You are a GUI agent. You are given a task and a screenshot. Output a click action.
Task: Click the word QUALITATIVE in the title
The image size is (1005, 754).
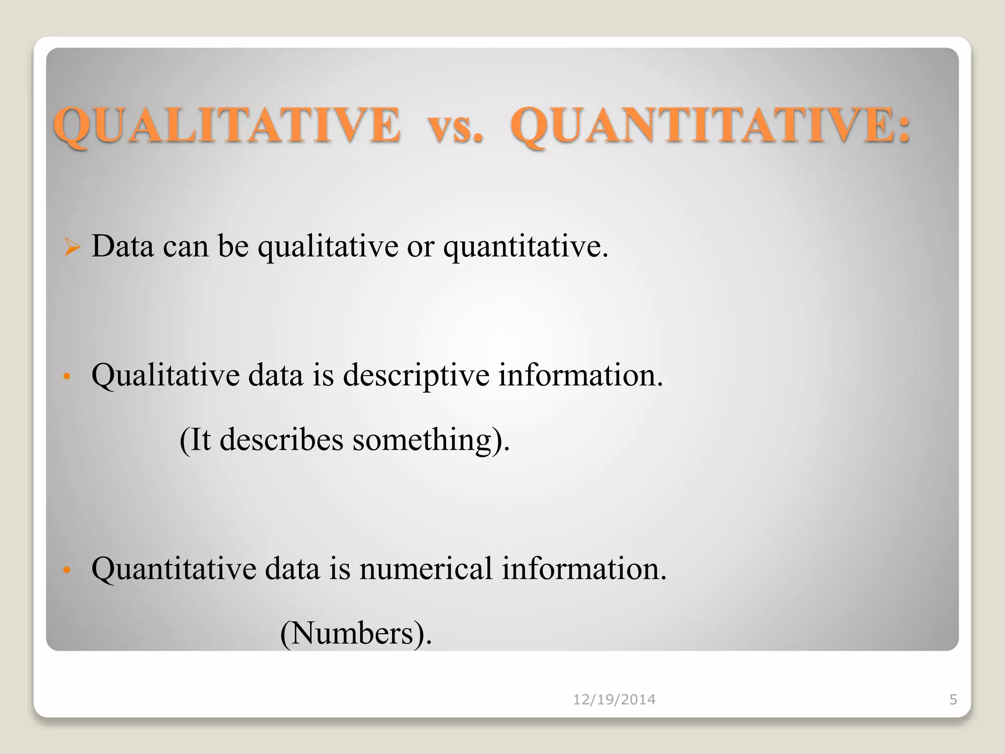[x=227, y=126]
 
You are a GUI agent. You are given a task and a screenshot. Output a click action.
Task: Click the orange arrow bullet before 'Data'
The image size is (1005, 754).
[x=72, y=247]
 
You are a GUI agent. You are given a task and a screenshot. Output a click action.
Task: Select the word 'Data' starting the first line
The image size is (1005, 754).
[x=123, y=246]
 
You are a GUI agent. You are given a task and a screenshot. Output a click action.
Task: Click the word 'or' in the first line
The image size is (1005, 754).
[x=421, y=247]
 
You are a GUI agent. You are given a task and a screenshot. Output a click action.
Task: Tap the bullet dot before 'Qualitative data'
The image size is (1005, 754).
[x=67, y=377]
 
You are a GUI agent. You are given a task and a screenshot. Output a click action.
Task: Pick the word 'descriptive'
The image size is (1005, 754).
[x=416, y=376]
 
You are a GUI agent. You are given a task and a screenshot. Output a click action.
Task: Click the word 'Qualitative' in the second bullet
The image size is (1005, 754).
[x=165, y=376]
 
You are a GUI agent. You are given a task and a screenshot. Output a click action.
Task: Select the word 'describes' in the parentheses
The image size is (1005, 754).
[x=281, y=440]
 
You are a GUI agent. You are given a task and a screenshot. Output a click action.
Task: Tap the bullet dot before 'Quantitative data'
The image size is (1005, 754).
[x=67, y=570]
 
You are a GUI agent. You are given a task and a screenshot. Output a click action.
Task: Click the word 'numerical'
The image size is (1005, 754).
[x=425, y=569]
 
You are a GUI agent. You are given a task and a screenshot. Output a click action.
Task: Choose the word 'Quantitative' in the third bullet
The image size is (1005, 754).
[x=174, y=569]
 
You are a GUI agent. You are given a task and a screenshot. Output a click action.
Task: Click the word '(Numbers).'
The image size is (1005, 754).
[x=356, y=634]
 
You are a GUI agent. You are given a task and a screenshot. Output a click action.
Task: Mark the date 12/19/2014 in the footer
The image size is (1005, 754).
[x=614, y=700]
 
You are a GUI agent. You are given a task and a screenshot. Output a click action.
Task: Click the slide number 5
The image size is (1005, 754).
[x=953, y=700]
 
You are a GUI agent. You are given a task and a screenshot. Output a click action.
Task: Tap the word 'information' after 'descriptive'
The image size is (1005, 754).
[x=581, y=376]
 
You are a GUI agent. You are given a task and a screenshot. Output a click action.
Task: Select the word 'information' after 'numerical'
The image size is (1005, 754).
[x=584, y=569]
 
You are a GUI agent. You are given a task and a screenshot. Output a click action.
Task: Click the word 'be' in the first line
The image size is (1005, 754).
[x=233, y=246]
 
